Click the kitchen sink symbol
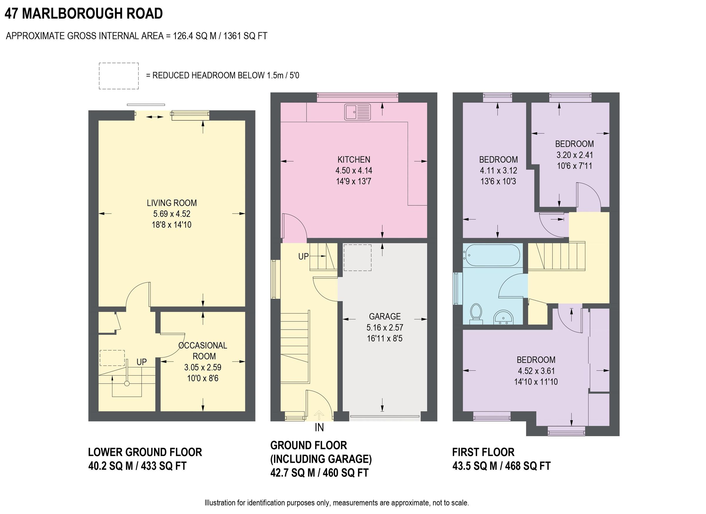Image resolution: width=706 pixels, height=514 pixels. [357, 112]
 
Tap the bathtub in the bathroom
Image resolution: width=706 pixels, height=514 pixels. [491, 255]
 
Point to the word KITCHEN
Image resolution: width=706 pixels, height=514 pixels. [354, 160]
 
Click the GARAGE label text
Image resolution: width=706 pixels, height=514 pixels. [385, 316]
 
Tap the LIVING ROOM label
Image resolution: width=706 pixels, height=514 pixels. [172, 203]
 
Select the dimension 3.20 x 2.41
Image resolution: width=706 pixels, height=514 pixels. [575, 155]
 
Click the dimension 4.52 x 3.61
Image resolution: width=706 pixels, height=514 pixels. [536, 371]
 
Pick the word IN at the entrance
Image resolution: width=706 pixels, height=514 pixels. [319, 428]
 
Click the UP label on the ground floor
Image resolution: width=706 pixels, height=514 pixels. [304, 257]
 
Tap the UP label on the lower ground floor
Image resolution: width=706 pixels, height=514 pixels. [141, 362]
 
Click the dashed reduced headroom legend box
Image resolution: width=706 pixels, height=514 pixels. [119, 76]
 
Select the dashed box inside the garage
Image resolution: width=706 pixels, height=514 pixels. [357, 257]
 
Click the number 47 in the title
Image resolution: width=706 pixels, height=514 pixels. [11, 14]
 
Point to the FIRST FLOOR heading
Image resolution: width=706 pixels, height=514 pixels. [483, 452]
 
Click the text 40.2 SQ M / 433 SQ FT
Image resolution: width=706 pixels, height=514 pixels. [137, 466]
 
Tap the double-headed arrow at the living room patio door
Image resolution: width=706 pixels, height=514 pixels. [155, 117]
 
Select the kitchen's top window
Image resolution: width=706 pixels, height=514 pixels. [357, 97]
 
